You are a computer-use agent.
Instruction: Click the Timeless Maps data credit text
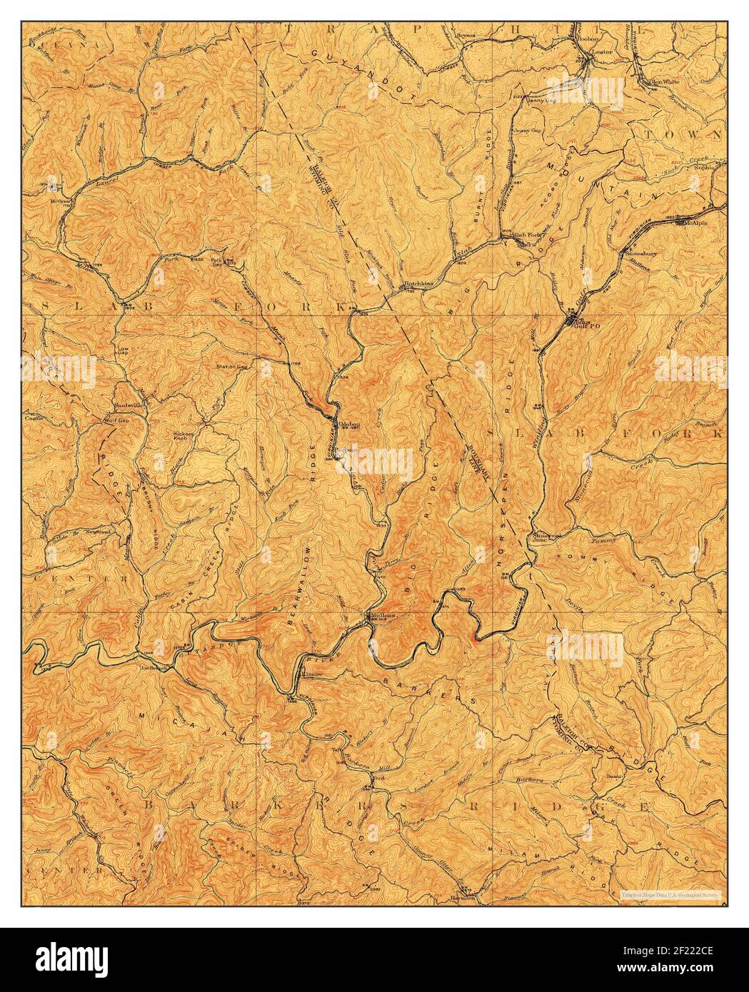(x=670, y=894)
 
